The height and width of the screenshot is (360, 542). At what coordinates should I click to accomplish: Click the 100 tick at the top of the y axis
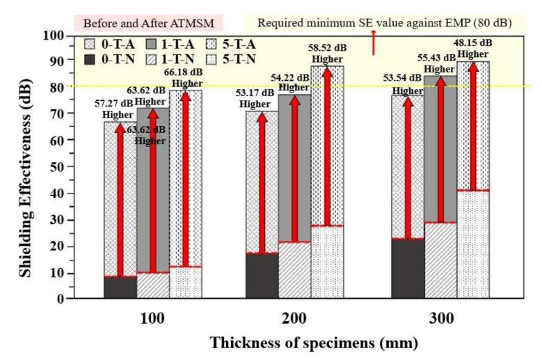pyautogui.click(x=55, y=35)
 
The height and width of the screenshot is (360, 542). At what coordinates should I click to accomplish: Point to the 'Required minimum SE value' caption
pyautogui.click(x=384, y=22)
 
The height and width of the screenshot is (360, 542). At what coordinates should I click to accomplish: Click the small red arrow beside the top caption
pyautogui.click(x=374, y=42)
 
